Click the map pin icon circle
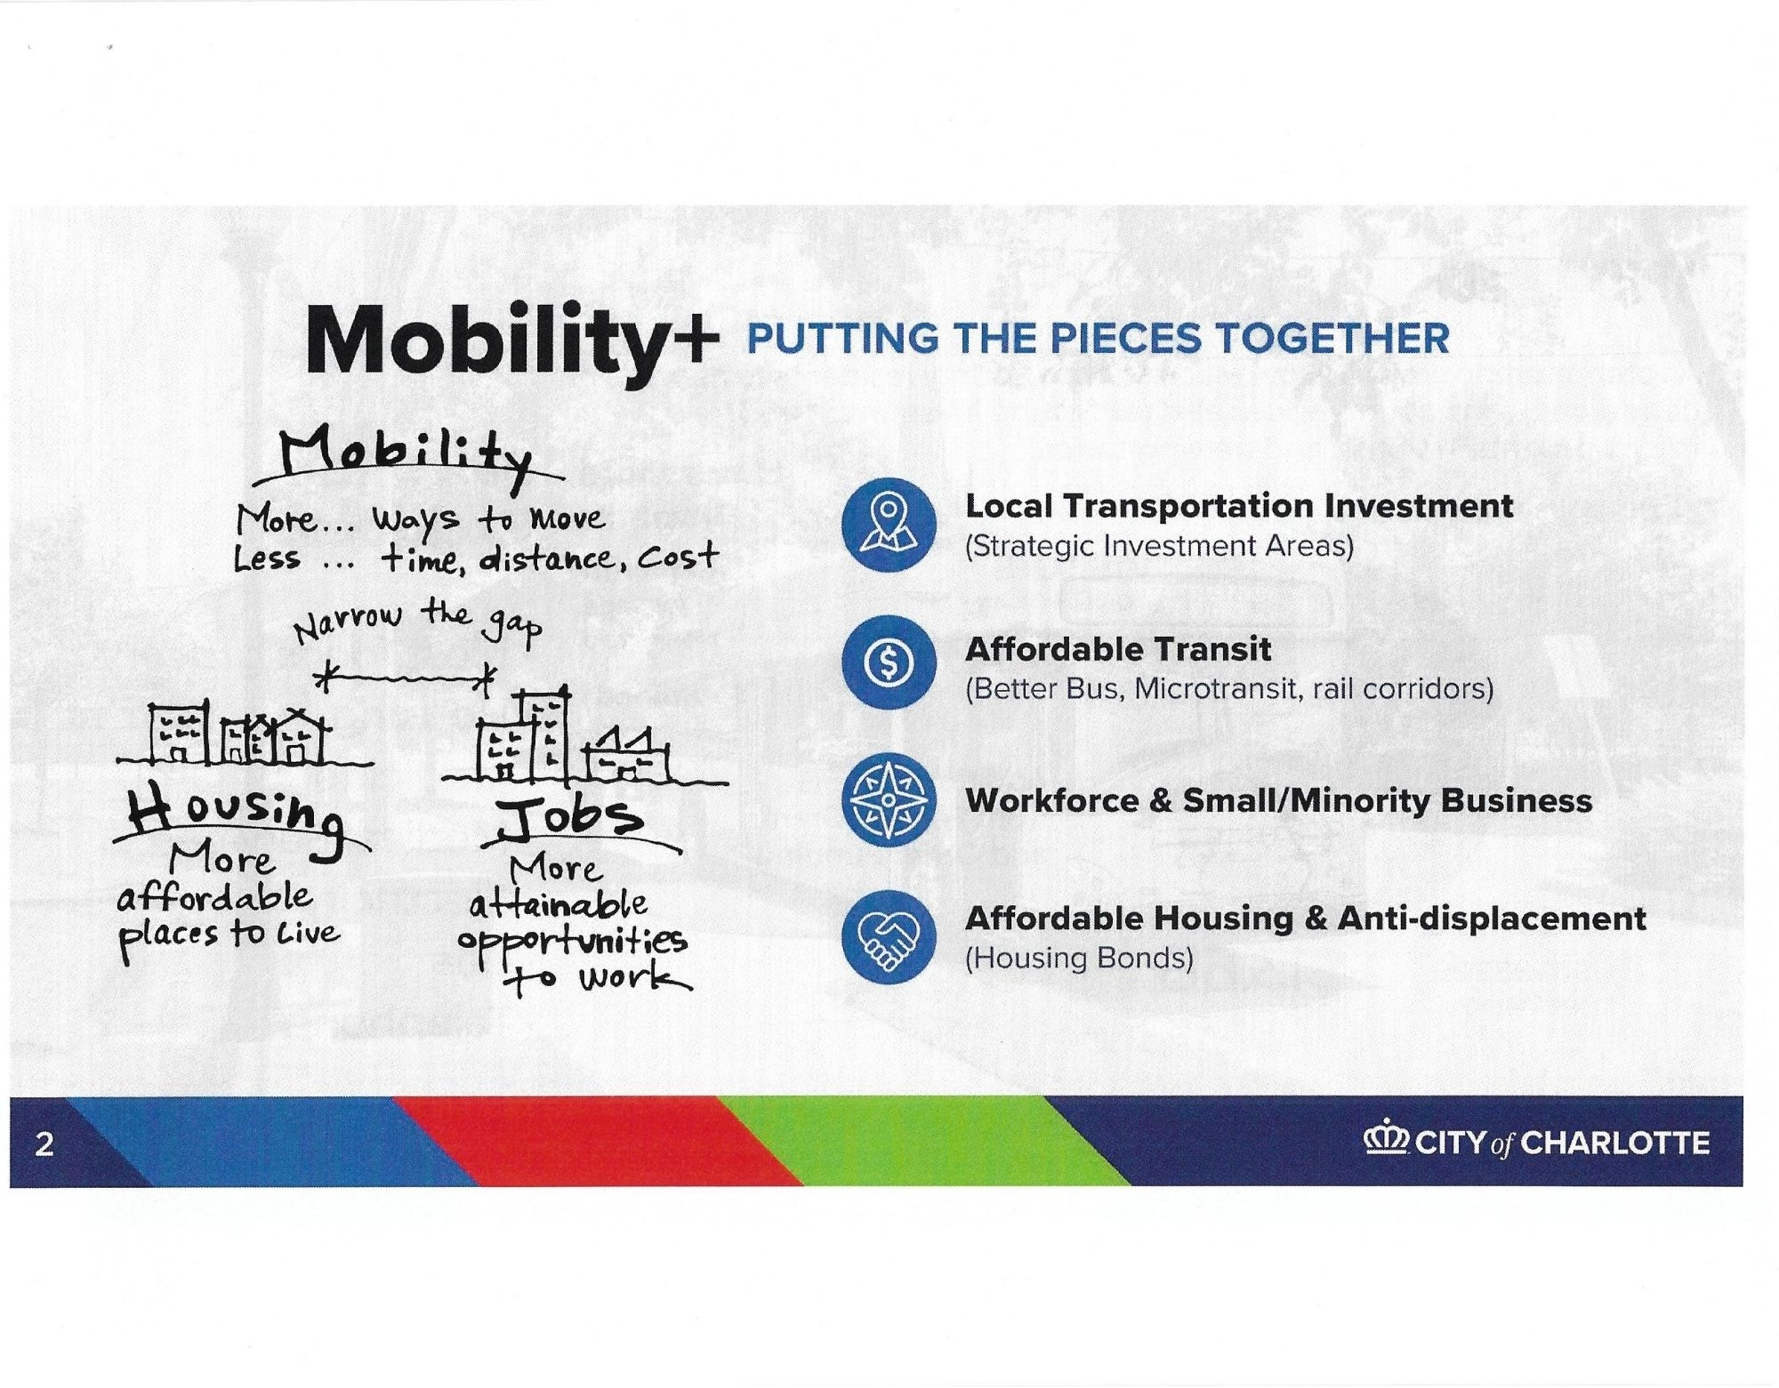pos(889,524)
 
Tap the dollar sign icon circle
pos(889,662)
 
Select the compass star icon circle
pos(889,799)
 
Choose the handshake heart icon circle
pos(889,936)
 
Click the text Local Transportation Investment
pos(1239,506)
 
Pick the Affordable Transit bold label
pos(1118,649)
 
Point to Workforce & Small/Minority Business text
pos(1278,800)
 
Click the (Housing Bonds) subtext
pos(1079,959)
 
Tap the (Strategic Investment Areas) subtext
pos(1159,546)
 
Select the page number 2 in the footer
pos(44,1143)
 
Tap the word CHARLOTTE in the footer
pos(1615,1143)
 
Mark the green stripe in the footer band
pos(925,1142)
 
